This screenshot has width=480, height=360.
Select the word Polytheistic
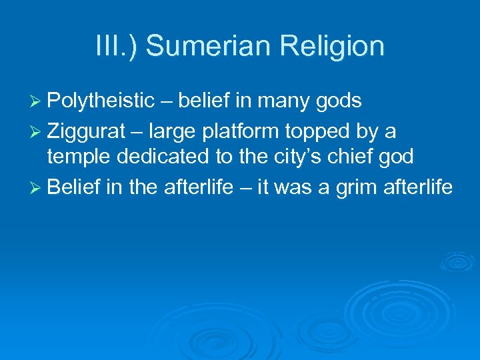(101, 101)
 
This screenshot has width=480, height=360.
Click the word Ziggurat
(89, 131)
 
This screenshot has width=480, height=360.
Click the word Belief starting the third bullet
(74, 187)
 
